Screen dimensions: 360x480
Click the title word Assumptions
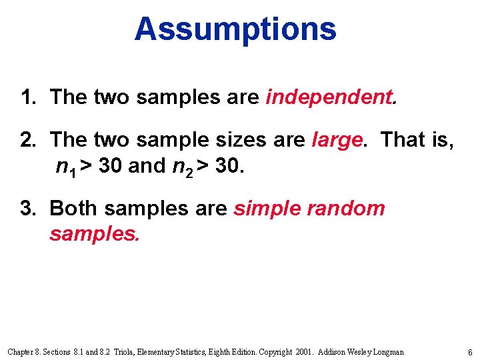pyautogui.click(x=235, y=29)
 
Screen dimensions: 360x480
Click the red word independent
pyautogui.click(x=329, y=97)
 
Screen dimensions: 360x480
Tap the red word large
pyautogui.click(x=338, y=140)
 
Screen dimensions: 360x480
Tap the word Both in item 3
pyautogui.click(x=73, y=208)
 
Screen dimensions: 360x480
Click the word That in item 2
pyautogui.click(x=403, y=140)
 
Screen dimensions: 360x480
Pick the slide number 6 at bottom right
pyautogui.click(x=470, y=352)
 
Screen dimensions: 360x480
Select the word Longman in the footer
pyautogui.click(x=386, y=352)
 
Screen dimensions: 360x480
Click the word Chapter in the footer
pyautogui.click(x=21, y=352)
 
